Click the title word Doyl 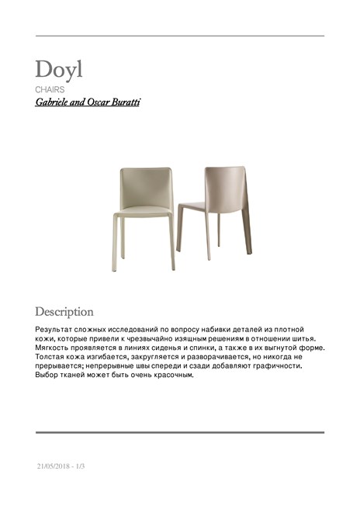(x=58, y=69)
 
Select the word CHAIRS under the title (x=49, y=91)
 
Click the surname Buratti (x=124, y=102)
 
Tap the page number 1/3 (x=80, y=466)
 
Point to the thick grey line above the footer (x=179, y=432)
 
